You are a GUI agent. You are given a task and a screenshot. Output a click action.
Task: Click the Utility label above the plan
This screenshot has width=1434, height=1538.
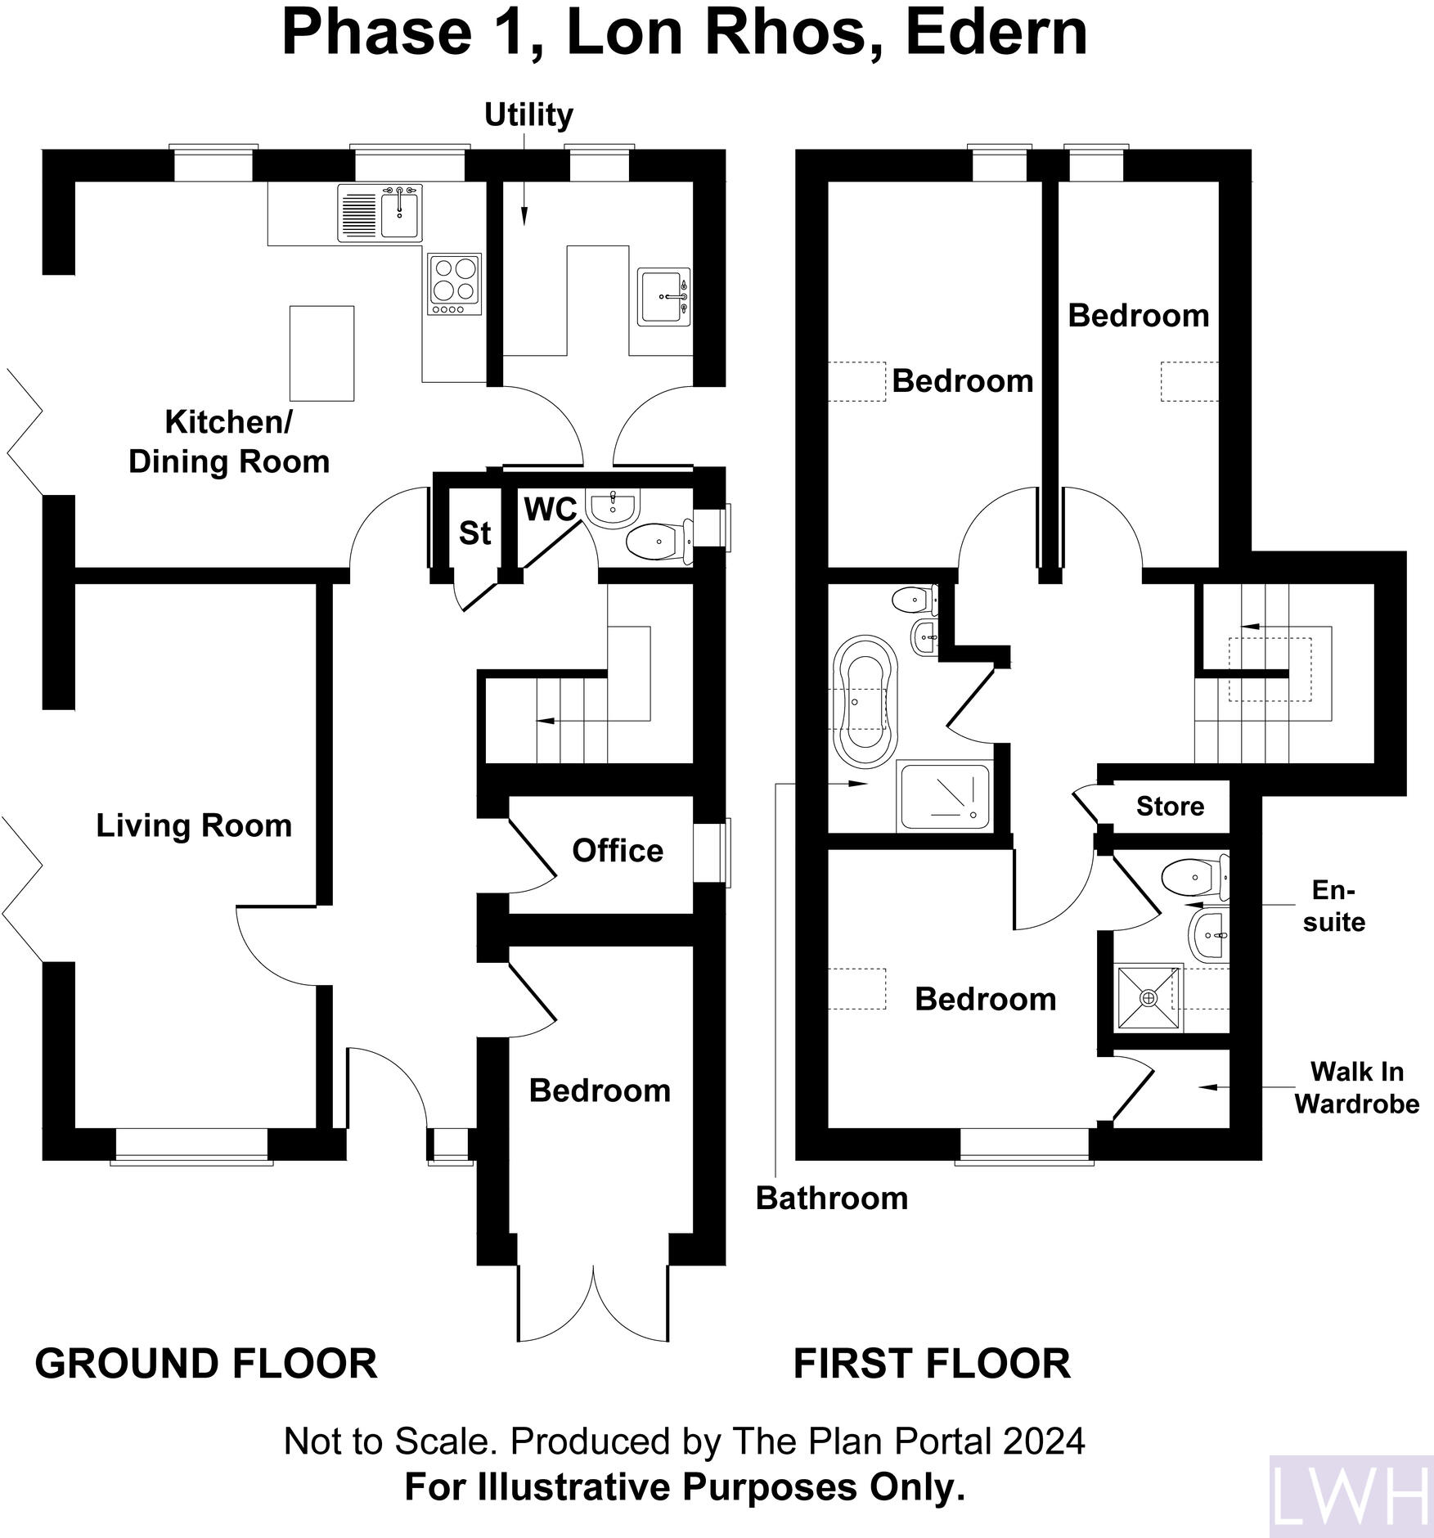528,115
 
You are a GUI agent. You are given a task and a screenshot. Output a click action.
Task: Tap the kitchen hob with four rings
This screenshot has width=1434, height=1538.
455,283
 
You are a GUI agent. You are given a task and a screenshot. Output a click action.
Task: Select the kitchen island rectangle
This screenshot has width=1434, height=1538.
322,353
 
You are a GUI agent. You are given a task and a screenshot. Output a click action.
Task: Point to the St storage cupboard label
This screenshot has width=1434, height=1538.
474,533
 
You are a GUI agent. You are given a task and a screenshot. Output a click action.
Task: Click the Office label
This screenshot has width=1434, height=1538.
618,851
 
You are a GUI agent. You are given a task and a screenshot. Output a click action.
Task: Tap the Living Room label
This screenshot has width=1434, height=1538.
194,825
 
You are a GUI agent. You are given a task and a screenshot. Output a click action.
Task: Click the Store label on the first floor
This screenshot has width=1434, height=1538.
1170,807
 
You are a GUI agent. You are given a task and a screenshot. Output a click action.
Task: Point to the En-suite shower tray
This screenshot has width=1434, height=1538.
1149,998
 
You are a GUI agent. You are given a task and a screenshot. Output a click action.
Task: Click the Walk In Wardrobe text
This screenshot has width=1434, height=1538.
1356,1087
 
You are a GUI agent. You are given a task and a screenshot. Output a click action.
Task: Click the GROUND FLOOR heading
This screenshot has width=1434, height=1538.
206,1364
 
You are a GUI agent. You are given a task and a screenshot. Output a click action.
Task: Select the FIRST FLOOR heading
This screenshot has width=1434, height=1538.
932,1364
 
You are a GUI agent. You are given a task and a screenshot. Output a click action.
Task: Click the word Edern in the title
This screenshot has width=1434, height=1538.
996,33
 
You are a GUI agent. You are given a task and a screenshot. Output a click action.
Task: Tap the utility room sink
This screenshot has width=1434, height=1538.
665,297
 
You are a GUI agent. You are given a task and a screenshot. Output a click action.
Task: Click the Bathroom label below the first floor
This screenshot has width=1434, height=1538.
832,1198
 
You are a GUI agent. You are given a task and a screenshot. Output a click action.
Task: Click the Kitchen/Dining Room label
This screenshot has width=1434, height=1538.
229,442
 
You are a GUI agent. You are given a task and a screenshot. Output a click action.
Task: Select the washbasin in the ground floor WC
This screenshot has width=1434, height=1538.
613,508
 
